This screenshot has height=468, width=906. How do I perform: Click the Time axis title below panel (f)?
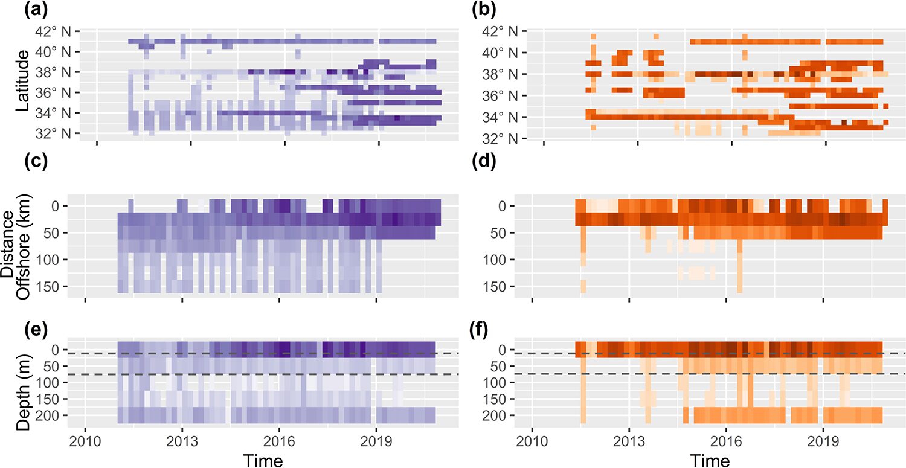(x=710, y=460)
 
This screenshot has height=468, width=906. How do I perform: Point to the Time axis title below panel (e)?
(x=263, y=460)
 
